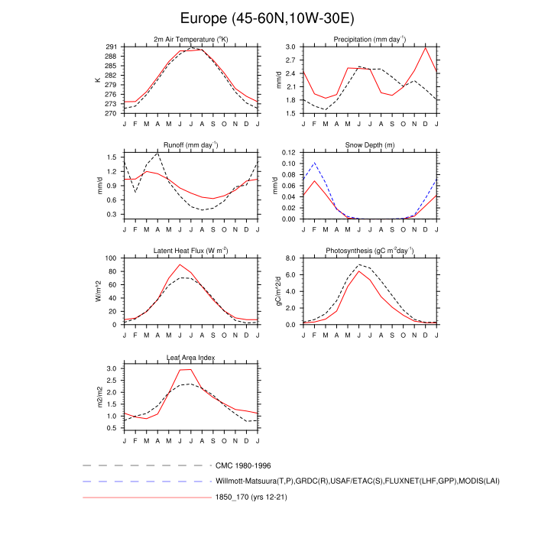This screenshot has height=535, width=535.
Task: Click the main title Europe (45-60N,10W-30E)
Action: click(x=267, y=17)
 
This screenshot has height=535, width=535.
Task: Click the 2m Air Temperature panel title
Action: click(x=191, y=39)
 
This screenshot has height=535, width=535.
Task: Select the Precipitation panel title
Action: click(x=370, y=39)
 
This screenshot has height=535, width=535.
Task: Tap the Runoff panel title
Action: click(x=191, y=144)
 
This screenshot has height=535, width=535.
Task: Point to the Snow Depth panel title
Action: click(x=370, y=144)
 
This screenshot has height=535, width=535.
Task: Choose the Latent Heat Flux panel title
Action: click(x=191, y=251)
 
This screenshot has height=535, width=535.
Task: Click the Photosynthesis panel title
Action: click(x=370, y=251)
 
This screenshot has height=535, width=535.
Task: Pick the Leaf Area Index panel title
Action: click(x=191, y=357)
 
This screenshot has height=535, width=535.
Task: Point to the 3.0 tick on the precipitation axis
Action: click(x=291, y=47)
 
